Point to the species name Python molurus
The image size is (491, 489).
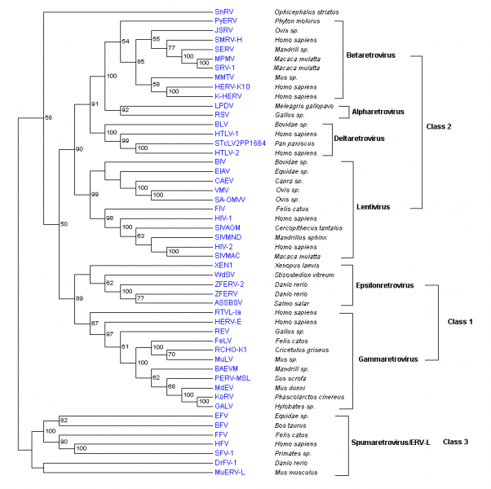pyautogui.click(x=295, y=21)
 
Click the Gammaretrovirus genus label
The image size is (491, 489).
pyautogui.click(x=387, y=359)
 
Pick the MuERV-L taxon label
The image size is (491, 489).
pyautogui.click(x=230, y=471)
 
